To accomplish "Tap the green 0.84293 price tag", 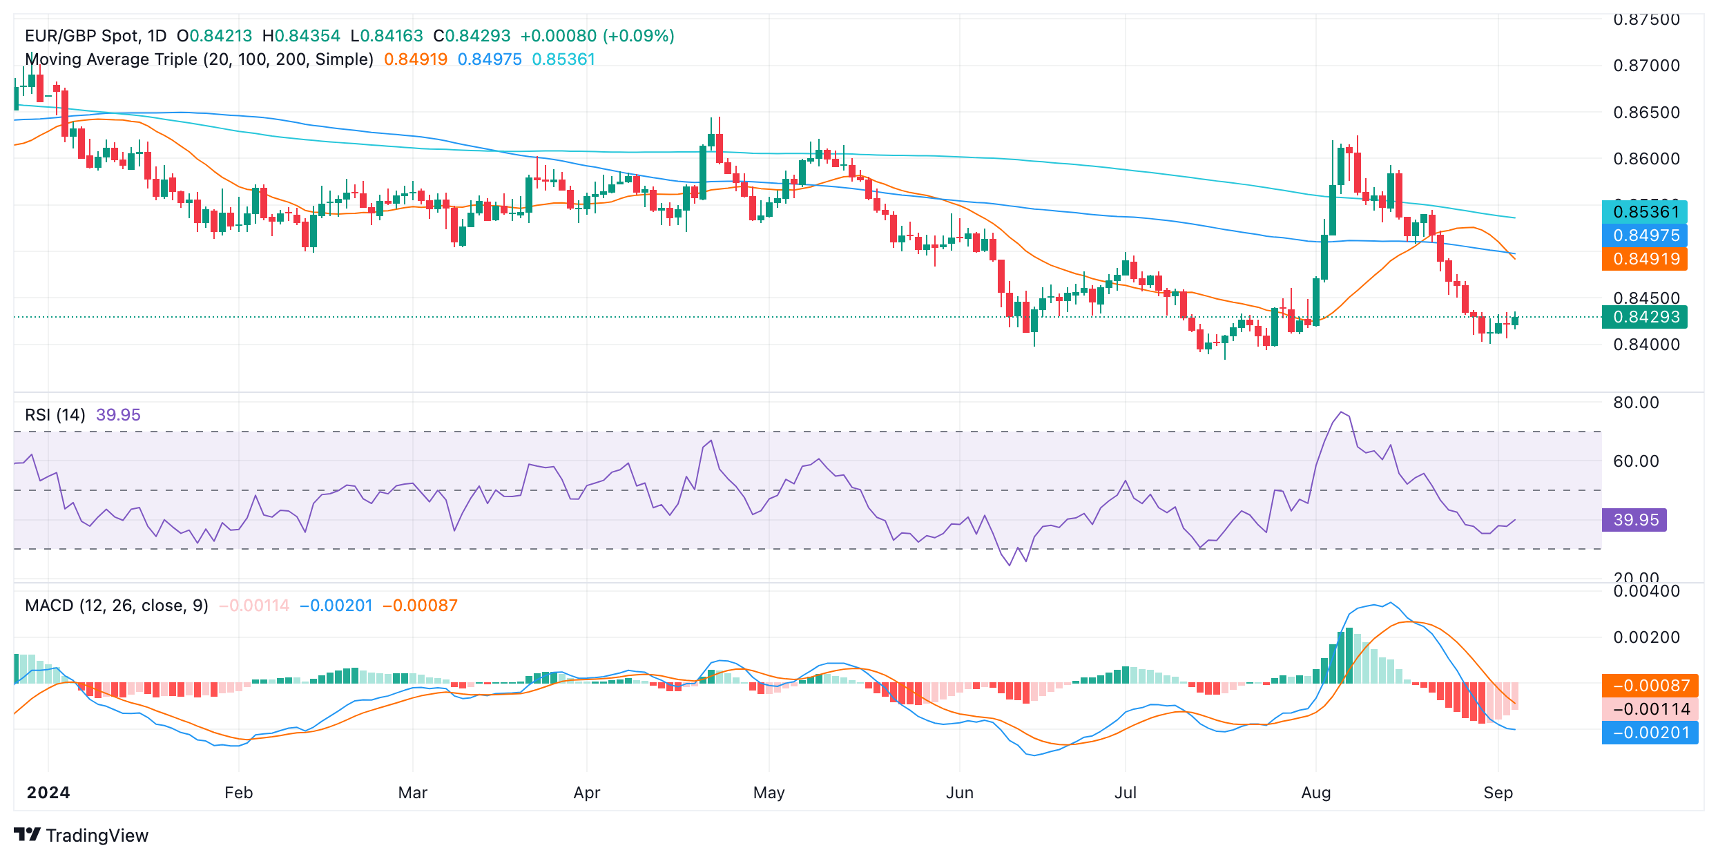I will [x=1645, y=317].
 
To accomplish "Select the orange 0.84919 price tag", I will [x=1645, y=259].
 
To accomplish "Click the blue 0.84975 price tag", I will [x=1645, y=235].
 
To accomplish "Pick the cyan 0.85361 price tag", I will [x=1645, y=212].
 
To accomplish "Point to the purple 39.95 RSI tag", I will [x=1634, y=520].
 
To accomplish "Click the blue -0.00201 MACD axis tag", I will [x=1650, y=733].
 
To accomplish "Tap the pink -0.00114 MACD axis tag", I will [x=1650, y=709].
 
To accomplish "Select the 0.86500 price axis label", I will [x=1646, y=113].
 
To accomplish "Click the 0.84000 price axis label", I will [x=1646, y=345].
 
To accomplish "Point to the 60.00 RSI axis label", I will [x=1636, y=461].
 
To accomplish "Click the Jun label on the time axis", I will [x=959, y=793].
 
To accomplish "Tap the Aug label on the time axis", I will [x=1315, y=793].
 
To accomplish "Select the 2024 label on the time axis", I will [x=48, y=793].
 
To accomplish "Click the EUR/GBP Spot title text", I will [x=95, y=36].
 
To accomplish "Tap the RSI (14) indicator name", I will [x=55, y=415].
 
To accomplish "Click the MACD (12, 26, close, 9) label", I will [x=117, y=606].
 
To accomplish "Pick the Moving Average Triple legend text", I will [x=199, y=59].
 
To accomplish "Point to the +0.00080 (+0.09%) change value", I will [x=597, y=36].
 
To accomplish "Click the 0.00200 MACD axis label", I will [x=1646, y=637].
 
